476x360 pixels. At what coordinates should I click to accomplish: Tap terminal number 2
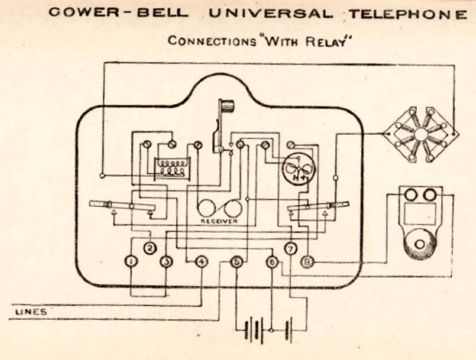(151, 248)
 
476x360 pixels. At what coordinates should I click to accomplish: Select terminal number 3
(167, 261)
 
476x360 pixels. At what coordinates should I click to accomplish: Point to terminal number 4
(201, 261)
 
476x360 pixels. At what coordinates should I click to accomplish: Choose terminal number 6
(272, 261)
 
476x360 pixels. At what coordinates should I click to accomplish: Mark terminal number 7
(290, 248)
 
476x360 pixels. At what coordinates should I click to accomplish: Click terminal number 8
(307, 261)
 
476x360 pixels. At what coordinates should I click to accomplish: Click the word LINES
(31, 312)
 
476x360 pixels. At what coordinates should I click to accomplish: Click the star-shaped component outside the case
(422, 133)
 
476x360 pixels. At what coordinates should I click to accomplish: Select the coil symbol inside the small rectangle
(171, 167)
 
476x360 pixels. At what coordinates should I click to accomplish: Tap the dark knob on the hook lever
(227, 108)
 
